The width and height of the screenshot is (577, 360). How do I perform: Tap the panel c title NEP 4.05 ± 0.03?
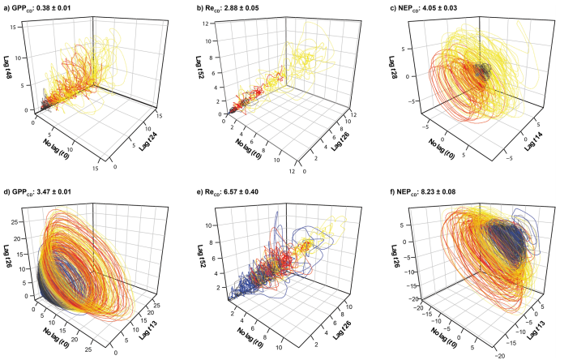[436, 7]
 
